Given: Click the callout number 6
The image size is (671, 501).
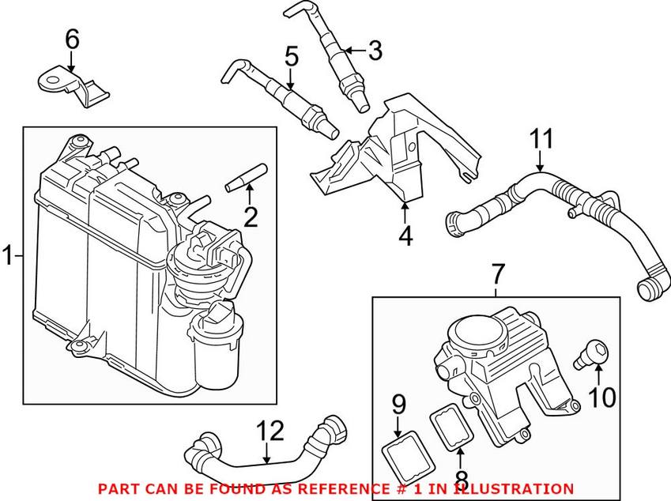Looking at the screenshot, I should (72, 37).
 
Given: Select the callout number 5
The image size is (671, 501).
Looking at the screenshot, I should (291, 57).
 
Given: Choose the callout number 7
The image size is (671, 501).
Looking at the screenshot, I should (496, 276).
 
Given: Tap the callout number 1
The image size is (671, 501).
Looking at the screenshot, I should (9, 256).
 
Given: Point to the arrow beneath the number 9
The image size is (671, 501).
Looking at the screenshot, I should (400, 424).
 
